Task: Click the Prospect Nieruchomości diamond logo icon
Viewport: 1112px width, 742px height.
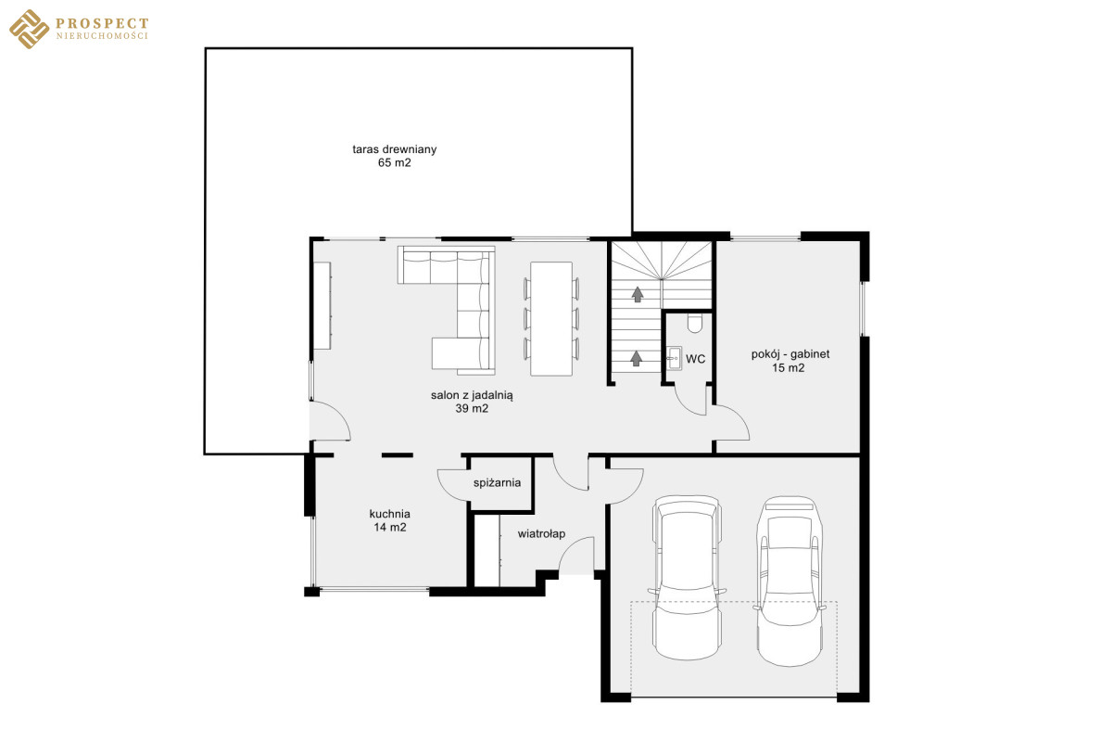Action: (30, 30)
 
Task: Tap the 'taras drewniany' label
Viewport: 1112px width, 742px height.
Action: (395, 149)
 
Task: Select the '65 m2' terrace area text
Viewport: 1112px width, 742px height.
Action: (395, 162)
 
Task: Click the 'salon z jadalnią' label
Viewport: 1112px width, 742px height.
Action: (472, 396)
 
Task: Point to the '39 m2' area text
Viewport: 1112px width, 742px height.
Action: (472, 408)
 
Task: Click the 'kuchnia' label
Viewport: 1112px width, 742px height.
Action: (390, 514)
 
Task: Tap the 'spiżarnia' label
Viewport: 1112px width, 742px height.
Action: (497, 482)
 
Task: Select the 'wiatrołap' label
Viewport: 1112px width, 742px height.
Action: (541, 533)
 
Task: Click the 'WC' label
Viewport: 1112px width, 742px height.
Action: (696, 359)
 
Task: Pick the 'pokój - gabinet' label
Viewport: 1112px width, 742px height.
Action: (790, 354)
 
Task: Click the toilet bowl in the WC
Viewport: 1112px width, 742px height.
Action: (695, 324)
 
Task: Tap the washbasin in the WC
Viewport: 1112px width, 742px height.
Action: (674, 358)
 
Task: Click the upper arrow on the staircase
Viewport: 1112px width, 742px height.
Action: (638, 294)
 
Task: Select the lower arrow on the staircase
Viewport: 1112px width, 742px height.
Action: (637, 358)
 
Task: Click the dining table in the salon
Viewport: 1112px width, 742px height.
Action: (551, 318)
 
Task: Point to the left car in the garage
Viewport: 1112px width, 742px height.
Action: (688, 578)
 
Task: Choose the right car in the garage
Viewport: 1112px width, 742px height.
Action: (790, 581)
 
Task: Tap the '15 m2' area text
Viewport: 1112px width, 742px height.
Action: (789, 368)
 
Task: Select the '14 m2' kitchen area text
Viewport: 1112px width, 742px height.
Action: (390, 528)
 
